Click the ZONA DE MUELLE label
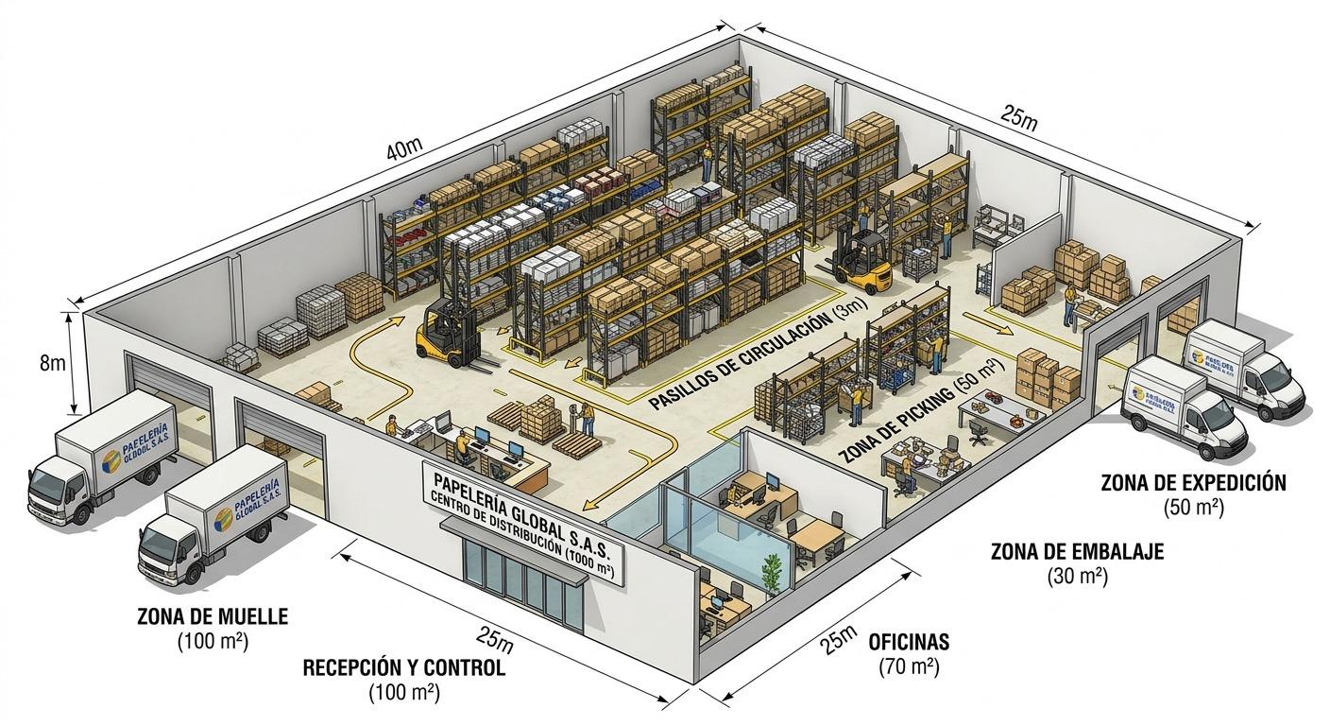[x=213, y=616]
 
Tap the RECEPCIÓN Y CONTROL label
[x=403, y=667]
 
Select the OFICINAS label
[x=909, y=644]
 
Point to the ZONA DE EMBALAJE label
[x=1077, y=552]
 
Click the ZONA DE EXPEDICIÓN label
[x=1193, y=483]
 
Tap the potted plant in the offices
[x=772, y=571]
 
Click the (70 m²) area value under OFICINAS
[x=908, y=667]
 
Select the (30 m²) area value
[x=1077, y=576]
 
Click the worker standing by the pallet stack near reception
[x=587, y=419]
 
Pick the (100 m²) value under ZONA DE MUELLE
[x=213, y=641]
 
